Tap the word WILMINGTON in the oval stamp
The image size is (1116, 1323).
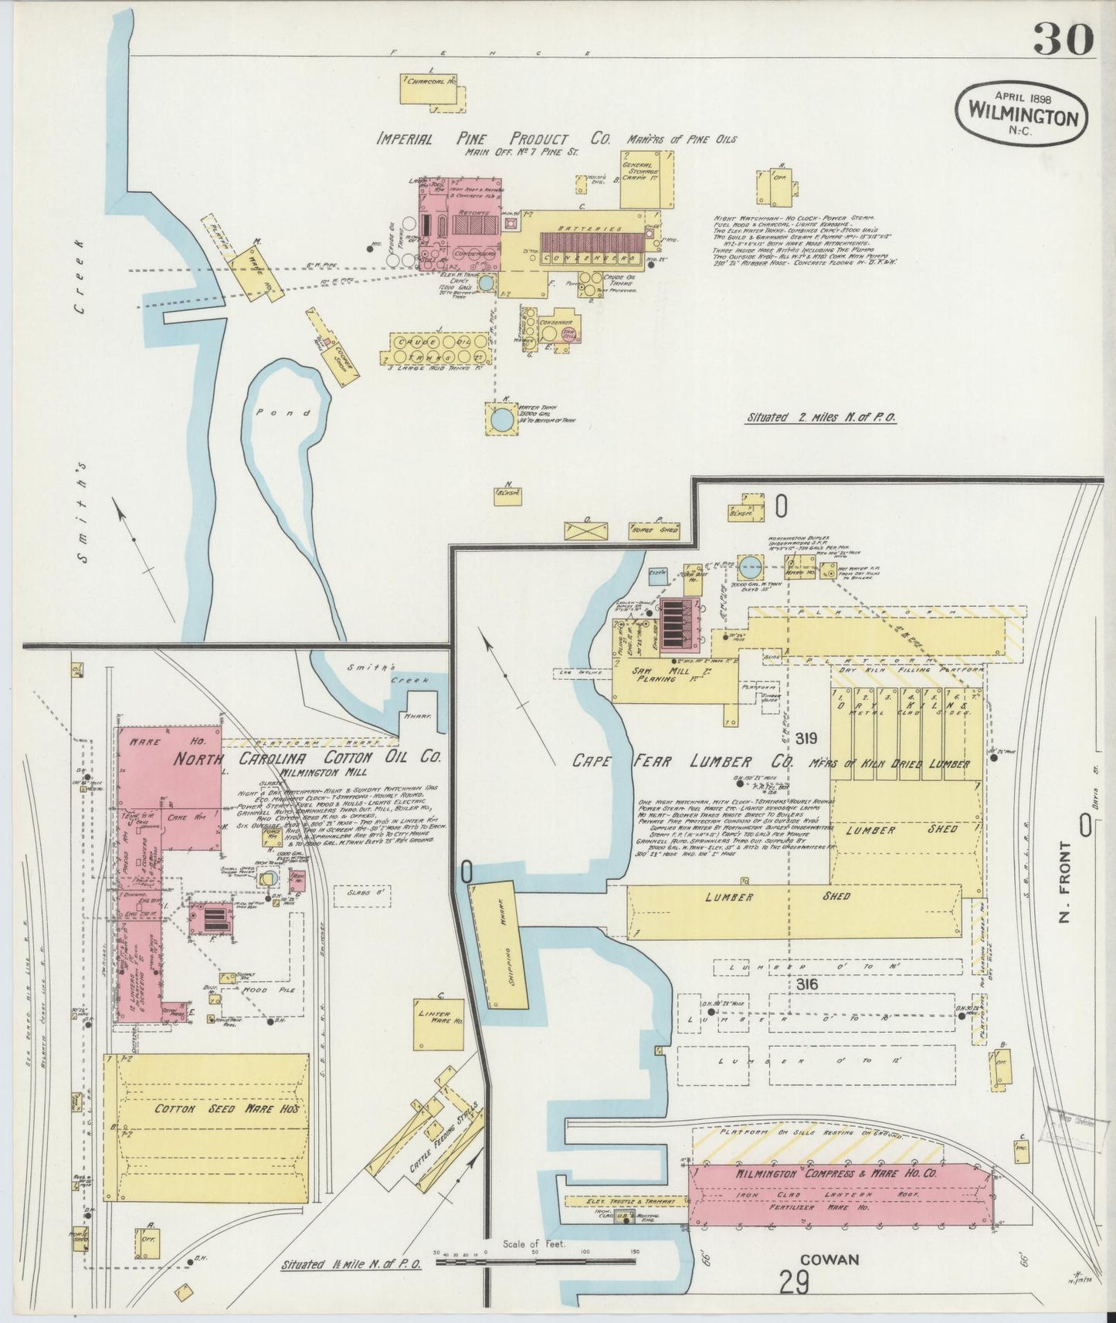tap(1022, 117)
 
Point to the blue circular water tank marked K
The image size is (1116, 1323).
tap(501, 420)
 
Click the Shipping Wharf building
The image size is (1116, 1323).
tap(503, 943)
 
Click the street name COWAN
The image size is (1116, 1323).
tap(829, 1260)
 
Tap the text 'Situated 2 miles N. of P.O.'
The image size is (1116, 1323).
tap(820, 418)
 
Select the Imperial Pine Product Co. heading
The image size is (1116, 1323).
tap(493, 140)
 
